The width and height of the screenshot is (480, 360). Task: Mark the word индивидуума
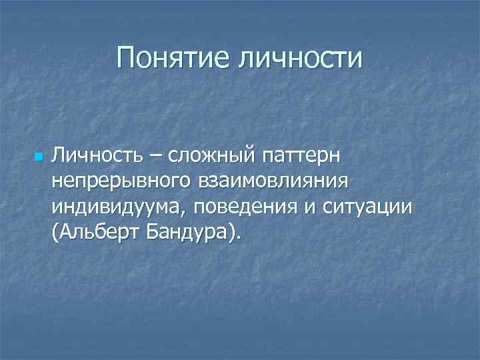click(x=120, y=207)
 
